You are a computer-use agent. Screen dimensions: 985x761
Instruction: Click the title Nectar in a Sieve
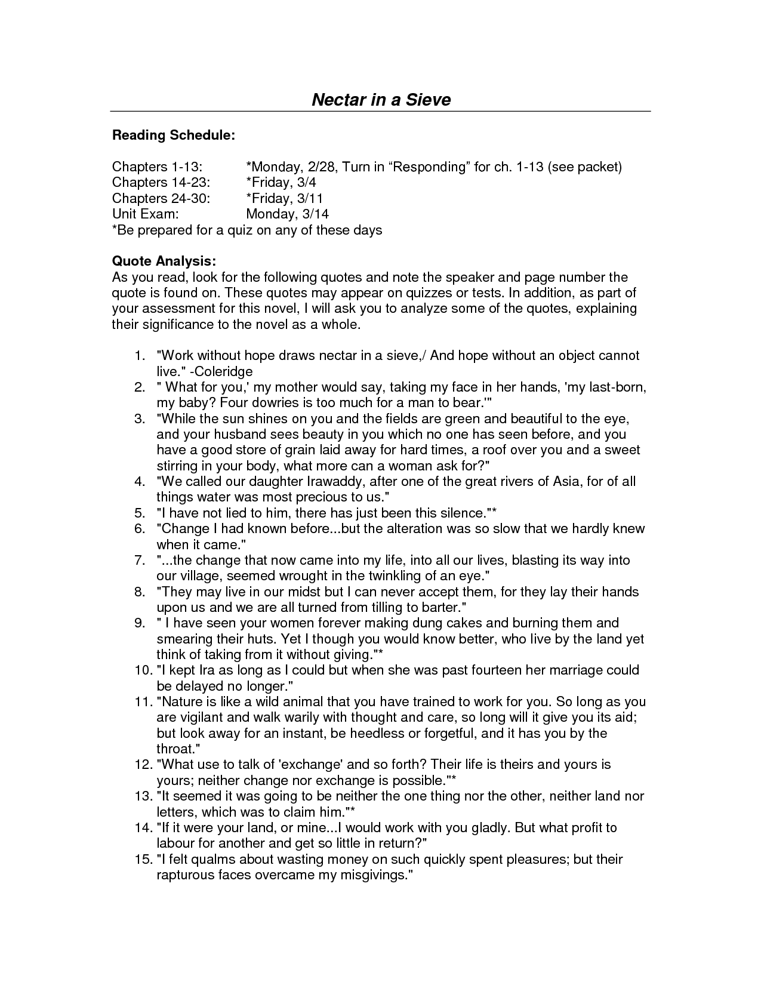tap(381, 99)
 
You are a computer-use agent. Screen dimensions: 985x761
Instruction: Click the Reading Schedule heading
tap(174, 136)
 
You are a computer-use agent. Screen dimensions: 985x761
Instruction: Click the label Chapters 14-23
tap(161, 182)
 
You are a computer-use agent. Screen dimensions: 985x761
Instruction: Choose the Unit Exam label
tap(146, 214)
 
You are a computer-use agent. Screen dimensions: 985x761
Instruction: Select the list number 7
tap(140, 560)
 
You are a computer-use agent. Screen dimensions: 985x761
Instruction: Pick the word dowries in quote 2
tap(271, 402)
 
